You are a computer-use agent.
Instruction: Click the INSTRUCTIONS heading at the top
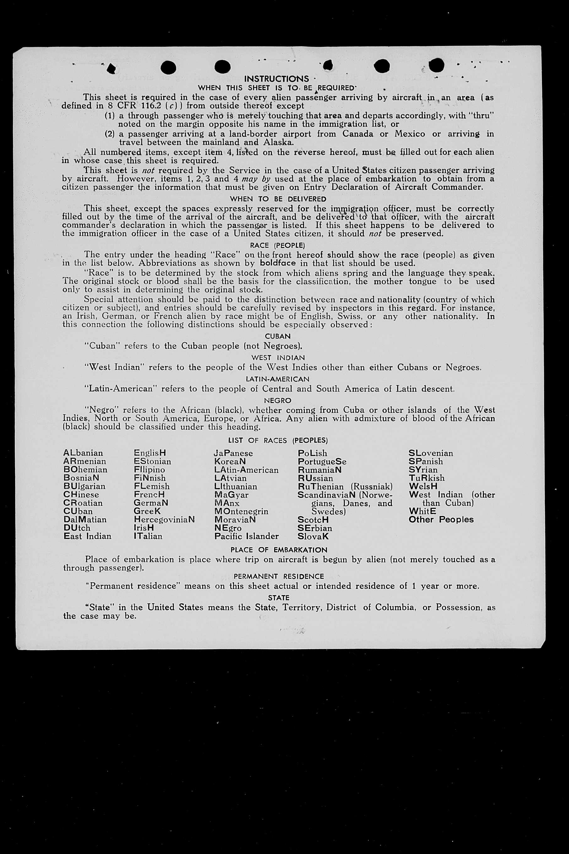[277, 79]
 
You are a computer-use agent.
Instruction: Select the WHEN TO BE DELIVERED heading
[278, 199]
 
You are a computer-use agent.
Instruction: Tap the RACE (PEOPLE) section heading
[278, 245]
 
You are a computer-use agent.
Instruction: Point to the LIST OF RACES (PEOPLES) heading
[278, 440]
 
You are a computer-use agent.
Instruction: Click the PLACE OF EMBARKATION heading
[279, 550]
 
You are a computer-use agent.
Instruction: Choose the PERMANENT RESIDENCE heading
[279, 576]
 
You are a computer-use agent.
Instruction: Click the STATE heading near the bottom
[279, 598]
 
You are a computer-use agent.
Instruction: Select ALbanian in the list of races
[83, 453]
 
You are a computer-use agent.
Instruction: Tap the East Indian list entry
[88, 536]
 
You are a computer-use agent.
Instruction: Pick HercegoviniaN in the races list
[164, 520]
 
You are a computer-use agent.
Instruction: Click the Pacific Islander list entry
[247, 536]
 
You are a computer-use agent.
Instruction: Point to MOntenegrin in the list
[241, 511]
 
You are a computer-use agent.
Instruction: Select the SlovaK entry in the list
[313, 536]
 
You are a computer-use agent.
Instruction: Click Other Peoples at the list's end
[441, 520]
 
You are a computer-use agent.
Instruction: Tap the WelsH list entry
[423, 486]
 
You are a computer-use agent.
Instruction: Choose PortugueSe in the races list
[322, 461]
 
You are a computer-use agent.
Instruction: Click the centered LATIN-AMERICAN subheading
[278, 379]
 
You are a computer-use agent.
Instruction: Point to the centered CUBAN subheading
[278, 336]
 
